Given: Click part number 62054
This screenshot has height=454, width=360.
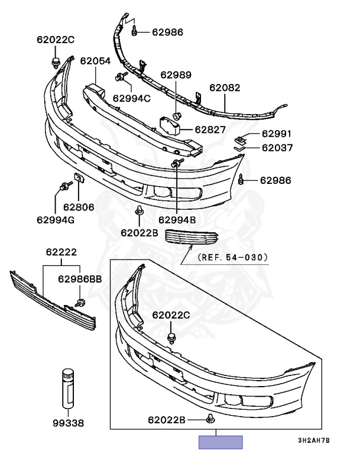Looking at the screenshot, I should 96,60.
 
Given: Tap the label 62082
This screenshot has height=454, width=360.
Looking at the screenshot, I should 225,87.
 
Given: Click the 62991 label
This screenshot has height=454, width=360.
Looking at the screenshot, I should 277,134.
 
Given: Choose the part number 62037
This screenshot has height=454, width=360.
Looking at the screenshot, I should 277,148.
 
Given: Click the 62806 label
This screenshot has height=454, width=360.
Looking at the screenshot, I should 79,207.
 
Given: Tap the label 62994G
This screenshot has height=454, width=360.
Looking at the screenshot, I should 57,220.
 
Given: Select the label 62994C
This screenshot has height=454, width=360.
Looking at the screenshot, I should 132,98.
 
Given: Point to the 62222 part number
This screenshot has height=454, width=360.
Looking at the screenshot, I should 61,252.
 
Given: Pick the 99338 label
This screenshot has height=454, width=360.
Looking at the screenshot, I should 68,423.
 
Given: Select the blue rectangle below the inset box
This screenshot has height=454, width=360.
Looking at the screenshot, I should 220,442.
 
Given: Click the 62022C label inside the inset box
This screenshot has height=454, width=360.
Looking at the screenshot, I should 171,315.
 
